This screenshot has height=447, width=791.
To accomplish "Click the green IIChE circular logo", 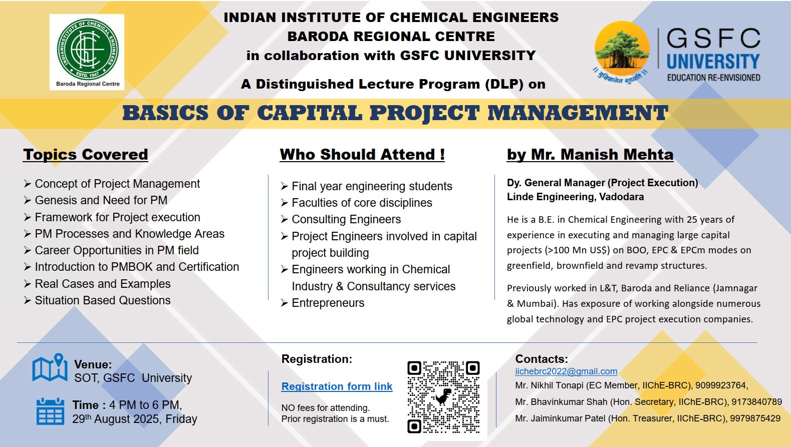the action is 88,50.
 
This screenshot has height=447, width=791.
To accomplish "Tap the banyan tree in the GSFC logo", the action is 622,49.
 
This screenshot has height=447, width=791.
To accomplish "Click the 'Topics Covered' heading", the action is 86,155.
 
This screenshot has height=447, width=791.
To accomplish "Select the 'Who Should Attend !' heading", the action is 362,155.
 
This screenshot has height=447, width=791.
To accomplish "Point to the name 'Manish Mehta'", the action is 617,155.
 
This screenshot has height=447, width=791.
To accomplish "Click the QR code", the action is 443,397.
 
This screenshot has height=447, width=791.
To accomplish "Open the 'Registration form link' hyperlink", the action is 337,386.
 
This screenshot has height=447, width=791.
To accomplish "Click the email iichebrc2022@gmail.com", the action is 566,371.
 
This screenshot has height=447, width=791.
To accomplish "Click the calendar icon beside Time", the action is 51,411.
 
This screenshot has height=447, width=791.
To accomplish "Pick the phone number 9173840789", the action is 756,402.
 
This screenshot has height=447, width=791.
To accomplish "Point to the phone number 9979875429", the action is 755,418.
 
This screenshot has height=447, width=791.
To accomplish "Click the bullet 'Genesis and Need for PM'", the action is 101,200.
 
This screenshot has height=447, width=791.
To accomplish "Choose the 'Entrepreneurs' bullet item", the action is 328,303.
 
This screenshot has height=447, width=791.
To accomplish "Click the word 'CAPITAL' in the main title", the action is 310,113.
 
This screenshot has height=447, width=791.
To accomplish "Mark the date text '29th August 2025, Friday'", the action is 135,419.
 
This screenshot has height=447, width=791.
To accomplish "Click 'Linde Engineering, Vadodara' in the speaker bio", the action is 575,197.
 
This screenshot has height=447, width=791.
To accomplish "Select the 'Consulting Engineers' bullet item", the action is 346,219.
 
